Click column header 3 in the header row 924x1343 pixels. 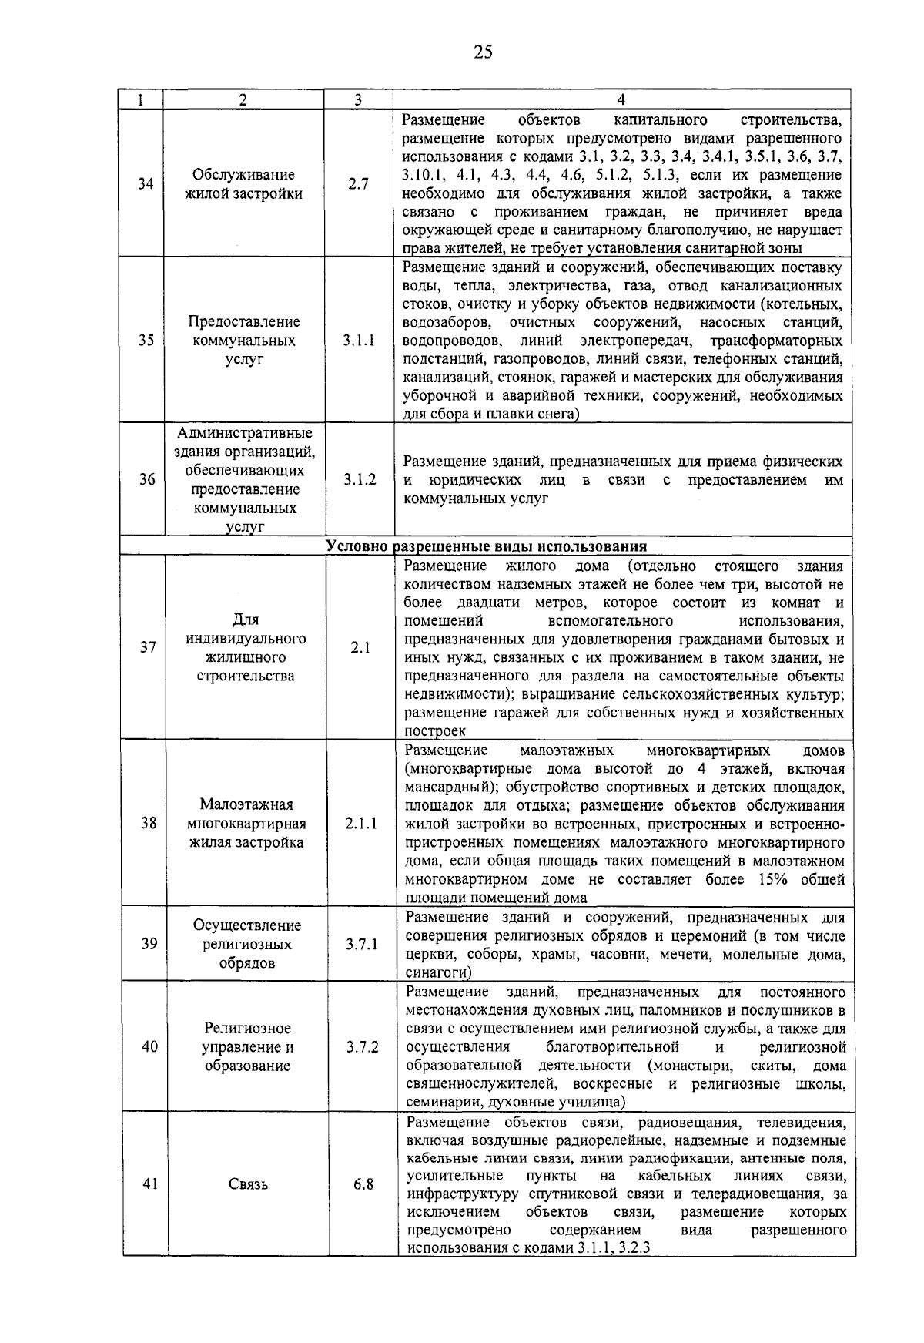click(358, 99)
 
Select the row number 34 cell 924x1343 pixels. click(145, 184)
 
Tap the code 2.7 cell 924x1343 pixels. click(358, 184)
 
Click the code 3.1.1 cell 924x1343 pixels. click(359, 341)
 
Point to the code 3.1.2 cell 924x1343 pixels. click(360, 479)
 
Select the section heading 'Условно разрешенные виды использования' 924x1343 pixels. click(486, 546)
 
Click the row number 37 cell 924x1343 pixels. click(147, 648)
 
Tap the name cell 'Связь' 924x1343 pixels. click(248, 1184)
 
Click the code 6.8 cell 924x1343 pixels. click(363, 1184)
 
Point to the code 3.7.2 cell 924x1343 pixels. click(362, 1047)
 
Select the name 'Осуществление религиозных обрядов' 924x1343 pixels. click(247, 944)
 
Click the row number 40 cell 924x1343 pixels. click(149, 1047)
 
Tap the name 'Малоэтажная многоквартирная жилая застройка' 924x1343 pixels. click(246, 823)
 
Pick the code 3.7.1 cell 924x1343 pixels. click(361, 944)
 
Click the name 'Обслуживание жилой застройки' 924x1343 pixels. click(244, 184)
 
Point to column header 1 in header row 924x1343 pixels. click(139, 99)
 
